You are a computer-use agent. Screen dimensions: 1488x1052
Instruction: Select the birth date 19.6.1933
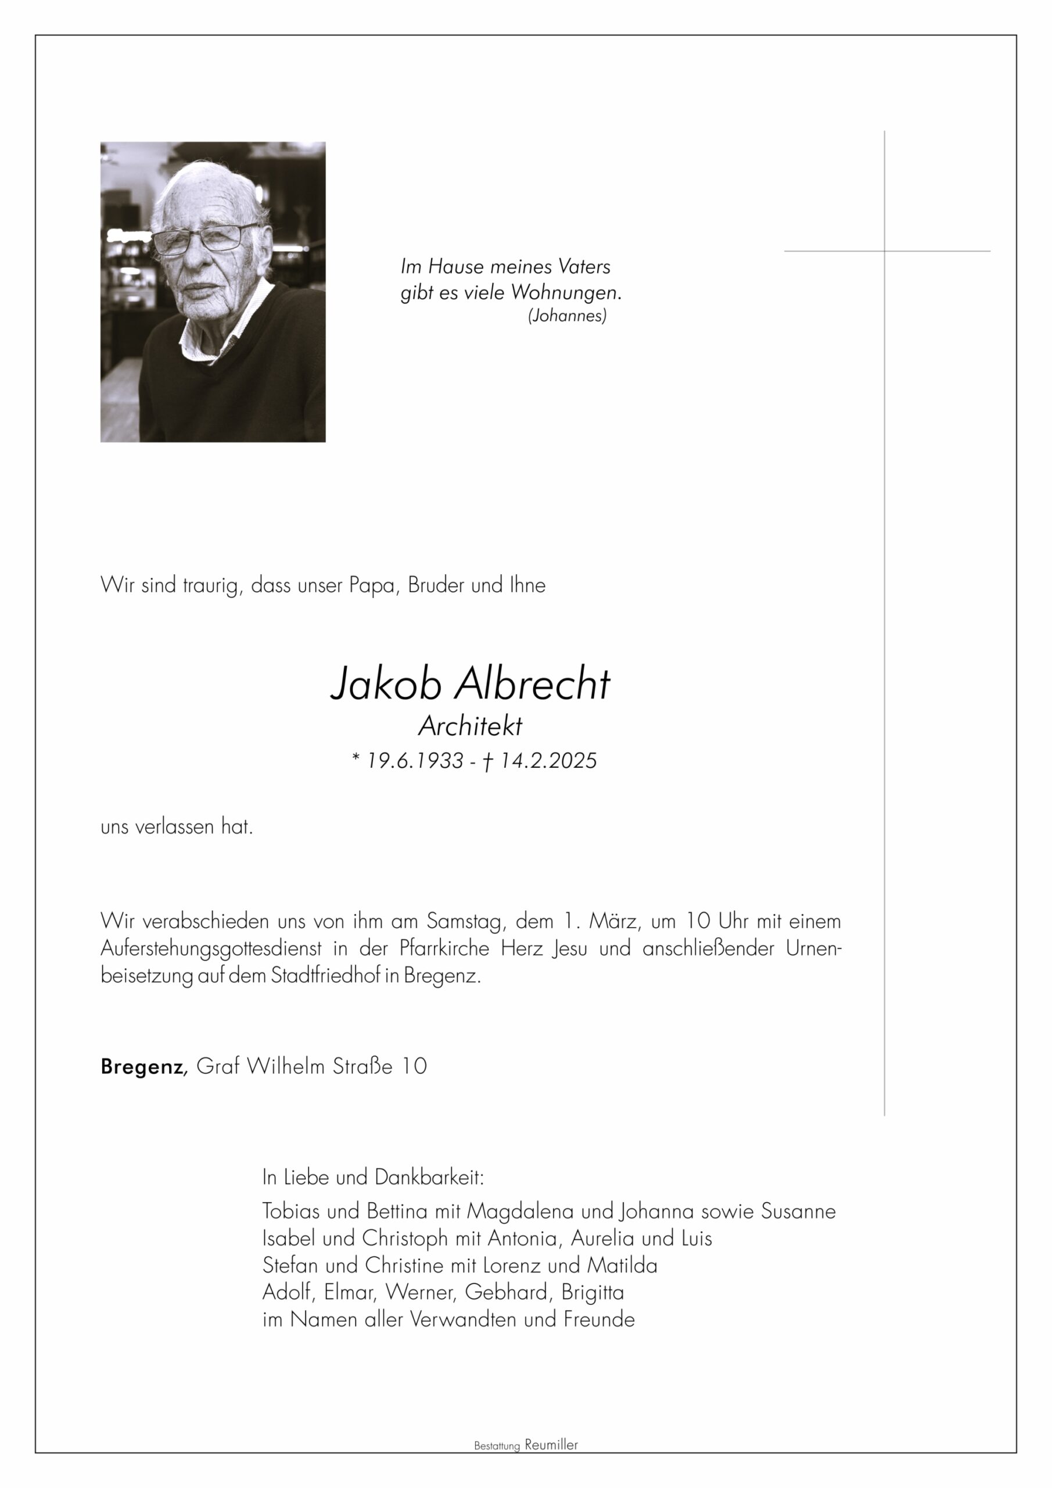click(415, 761)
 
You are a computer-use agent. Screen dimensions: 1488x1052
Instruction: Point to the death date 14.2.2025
click(548, 761)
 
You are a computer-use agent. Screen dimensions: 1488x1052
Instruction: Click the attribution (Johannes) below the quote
click(568, 316)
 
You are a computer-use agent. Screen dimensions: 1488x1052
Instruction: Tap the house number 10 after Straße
click(414, 1067)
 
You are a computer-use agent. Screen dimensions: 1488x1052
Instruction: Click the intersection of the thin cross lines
click(884, 251)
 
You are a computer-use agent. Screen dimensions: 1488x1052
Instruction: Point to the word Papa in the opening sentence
click(372, 586)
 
